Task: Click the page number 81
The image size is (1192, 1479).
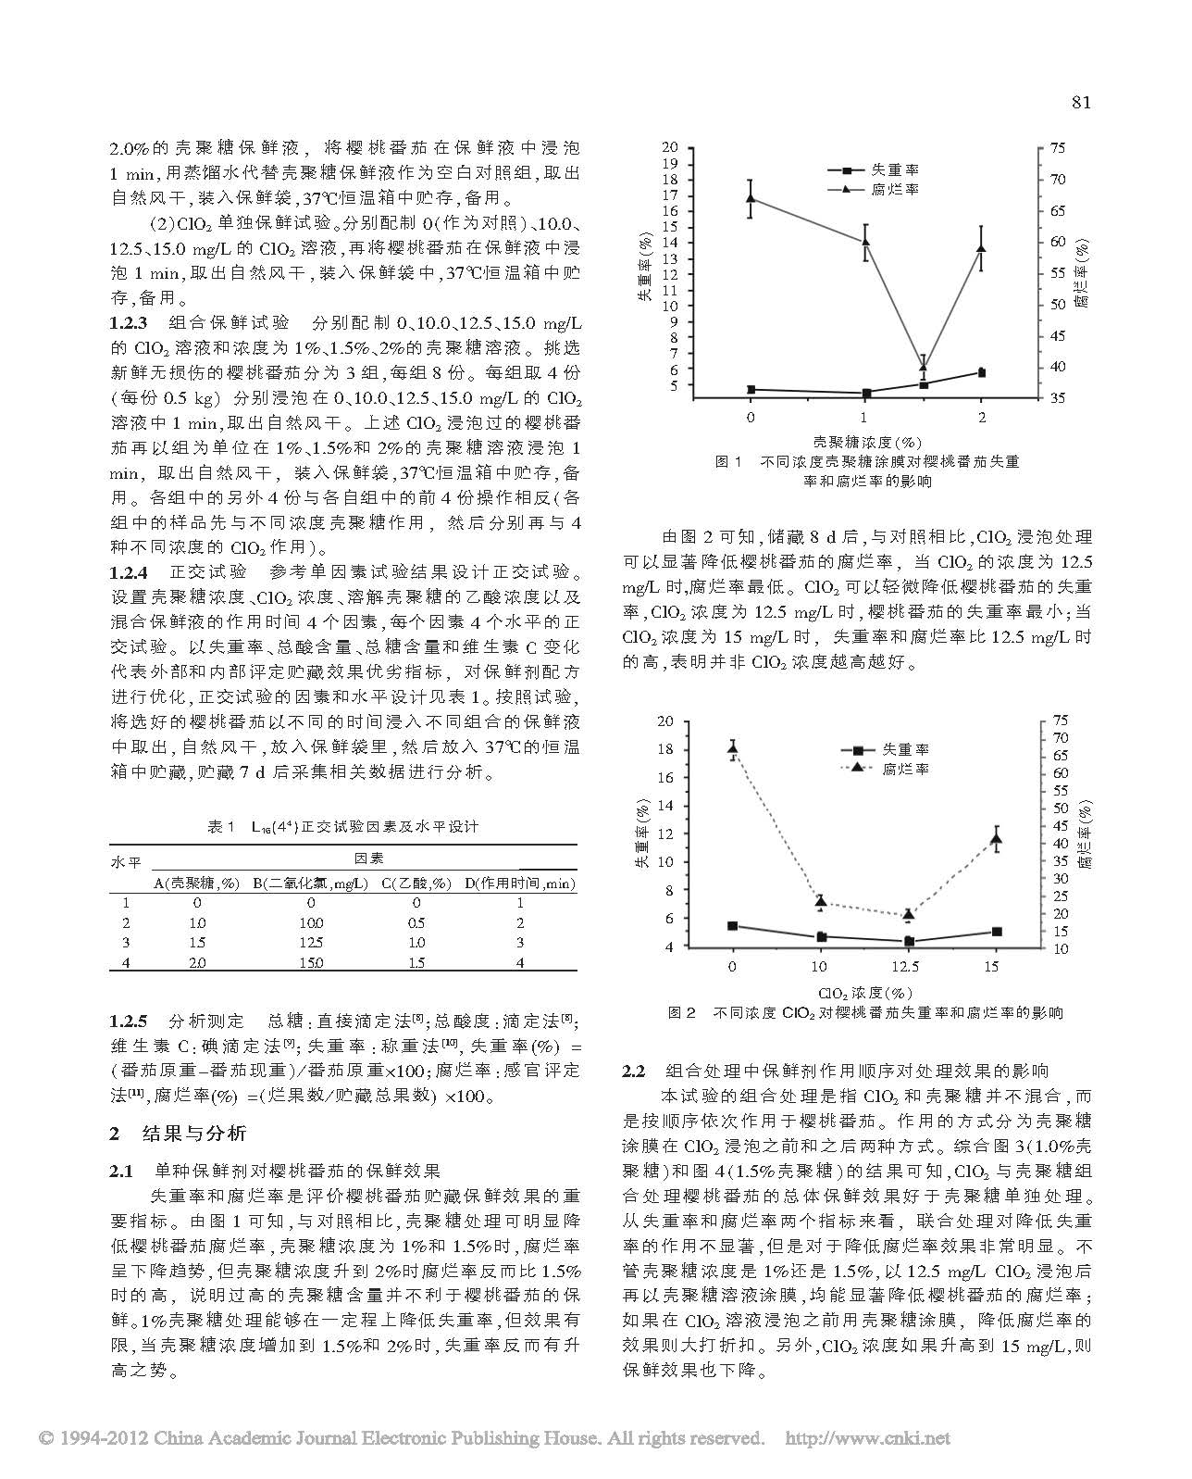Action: coord(1081,102)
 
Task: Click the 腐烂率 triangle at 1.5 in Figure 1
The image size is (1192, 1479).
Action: coord(923,367)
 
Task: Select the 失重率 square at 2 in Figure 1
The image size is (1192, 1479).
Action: coord(981,372)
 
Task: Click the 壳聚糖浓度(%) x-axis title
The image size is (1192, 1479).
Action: coord(866,442)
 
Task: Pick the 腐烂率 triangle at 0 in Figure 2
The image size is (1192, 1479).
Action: coord(733,748)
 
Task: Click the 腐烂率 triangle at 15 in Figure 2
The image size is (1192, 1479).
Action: coord(997,839)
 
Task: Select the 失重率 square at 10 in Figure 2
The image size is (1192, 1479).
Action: coord(821,937)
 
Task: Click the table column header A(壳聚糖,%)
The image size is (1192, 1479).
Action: coord(196,884)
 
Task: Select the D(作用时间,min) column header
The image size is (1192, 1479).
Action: coord(519,884)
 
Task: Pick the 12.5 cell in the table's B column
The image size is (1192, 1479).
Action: coord(310,943)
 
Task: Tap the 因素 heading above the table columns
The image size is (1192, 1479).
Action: coord(368,859)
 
